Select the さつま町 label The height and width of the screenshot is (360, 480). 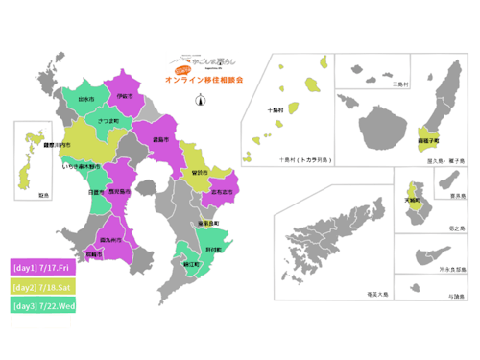[108, 120]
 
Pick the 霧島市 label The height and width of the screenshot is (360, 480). [161, 140]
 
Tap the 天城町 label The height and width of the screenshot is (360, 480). [413, 202]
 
